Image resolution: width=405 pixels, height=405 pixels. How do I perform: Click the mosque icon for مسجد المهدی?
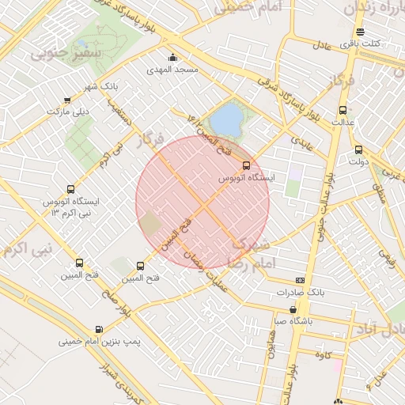173,57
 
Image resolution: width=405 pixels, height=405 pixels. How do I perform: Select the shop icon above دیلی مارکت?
67,100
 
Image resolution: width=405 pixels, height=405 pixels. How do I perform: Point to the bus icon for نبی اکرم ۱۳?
71,190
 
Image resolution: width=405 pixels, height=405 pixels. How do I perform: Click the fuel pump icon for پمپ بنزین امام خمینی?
98,330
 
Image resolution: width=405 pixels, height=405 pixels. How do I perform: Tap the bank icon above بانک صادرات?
300,280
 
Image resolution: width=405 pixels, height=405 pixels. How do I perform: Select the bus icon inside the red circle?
246,165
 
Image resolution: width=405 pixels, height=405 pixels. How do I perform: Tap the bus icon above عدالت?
343,111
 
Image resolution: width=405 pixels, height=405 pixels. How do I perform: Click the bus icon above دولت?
358,150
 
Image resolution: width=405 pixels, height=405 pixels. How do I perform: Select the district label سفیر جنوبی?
56,55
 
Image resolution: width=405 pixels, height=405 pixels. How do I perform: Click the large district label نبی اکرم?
28,248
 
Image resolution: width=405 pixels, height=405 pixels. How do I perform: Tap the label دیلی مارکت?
67,112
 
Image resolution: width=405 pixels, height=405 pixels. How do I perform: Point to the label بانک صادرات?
301,293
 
